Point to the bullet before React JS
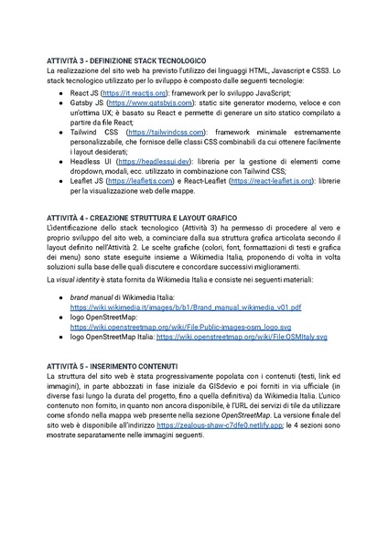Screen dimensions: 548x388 point(61,93)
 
